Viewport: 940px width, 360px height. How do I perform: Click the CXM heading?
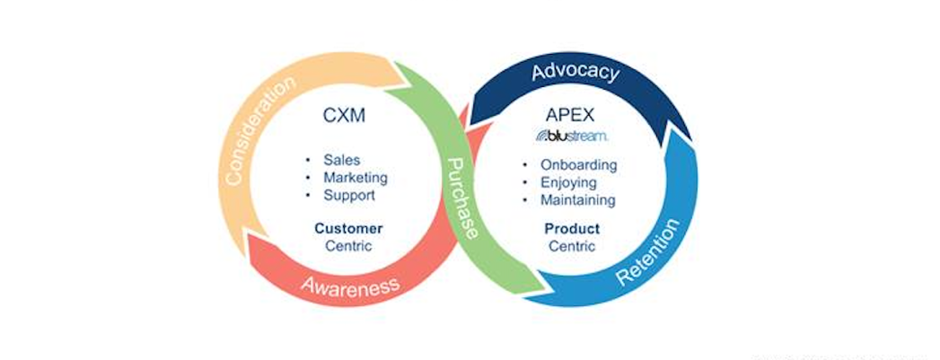(x=346, y=116)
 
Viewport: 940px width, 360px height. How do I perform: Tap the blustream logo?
(x=572, y=136)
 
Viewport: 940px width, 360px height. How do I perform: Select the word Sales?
(x=342, y=160)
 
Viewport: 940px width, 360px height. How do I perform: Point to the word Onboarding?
(x=578, y=165)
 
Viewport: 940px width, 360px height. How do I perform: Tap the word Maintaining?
(x=577, y=199)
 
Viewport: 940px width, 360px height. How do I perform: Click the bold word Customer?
(x=348, y=228)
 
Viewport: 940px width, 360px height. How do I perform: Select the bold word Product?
(x=572, y=228)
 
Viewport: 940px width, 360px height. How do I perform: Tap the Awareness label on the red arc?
(x=349, y=286)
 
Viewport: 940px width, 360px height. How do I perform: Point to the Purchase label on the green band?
(x=463, y=198)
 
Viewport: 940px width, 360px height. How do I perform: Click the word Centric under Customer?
(x=348, y=245)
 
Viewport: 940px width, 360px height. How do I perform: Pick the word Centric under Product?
(x=572, y=245)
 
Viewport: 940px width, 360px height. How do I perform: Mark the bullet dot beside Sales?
(x=309, y=161)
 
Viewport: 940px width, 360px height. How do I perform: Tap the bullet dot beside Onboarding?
(x=525, y=166)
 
